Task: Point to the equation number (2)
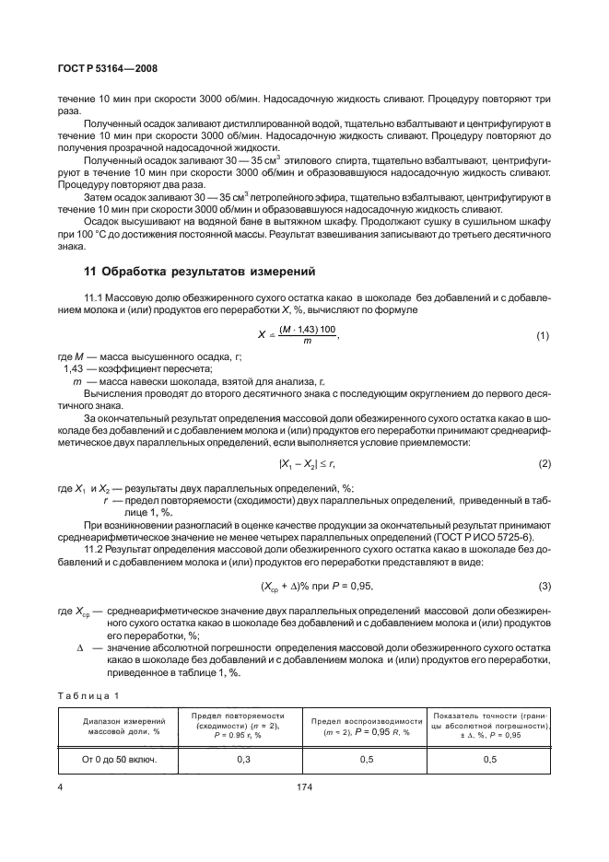[543, 462]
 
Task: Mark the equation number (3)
[543, 588]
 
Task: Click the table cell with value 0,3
[238, 760]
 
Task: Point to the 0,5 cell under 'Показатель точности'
[489, 760]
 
